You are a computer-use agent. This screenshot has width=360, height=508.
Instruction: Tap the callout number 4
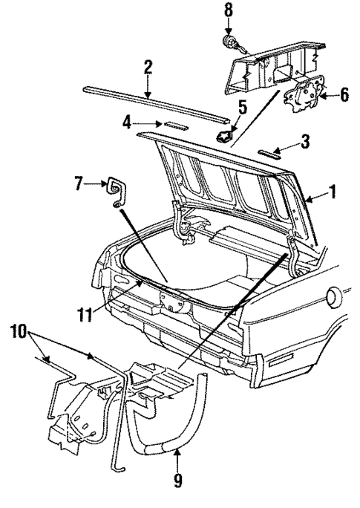[127, 121]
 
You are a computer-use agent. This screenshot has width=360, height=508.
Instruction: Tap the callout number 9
[177, 481]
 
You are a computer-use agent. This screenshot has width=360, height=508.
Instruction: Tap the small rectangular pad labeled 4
[177, 126]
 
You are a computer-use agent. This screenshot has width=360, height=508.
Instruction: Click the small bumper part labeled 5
[224, 136]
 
